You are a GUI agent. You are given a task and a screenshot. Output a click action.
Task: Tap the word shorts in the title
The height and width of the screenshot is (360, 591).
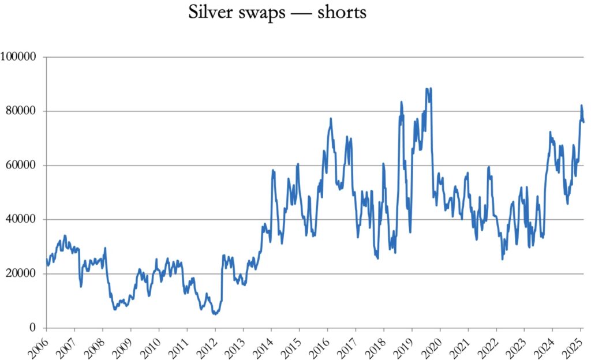point(342,13)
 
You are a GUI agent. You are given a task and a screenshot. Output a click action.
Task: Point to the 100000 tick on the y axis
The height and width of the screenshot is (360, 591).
point(19,57)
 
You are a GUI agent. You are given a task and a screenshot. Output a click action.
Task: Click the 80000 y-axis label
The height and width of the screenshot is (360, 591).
point(21,111)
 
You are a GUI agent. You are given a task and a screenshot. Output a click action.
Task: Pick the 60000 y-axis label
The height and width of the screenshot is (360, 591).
point(21,165)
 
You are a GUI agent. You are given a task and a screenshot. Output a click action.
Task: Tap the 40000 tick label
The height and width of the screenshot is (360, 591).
point(21,219)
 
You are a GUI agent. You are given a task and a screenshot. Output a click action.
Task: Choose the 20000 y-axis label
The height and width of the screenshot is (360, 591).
point(21,273)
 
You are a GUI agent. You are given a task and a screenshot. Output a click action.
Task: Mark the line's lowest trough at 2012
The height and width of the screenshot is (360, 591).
point(215,314)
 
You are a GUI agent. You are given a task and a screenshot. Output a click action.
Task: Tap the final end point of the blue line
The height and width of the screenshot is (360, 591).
point(583,122)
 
